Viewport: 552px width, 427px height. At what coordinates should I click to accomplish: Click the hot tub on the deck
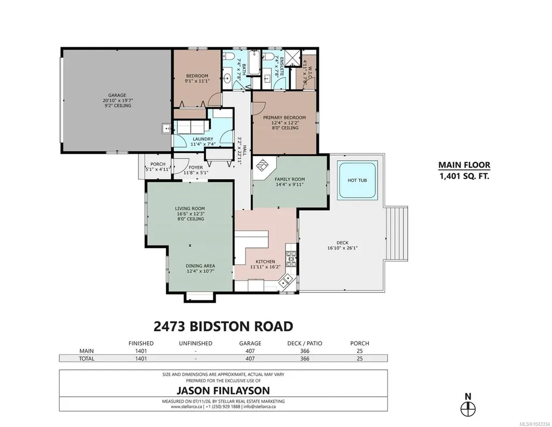click(357, 180)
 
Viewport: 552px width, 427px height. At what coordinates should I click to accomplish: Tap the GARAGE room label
click(117, 95)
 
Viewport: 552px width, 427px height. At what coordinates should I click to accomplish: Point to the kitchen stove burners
click(291, 259)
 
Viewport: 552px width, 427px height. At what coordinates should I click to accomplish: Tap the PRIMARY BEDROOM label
click(284, 117)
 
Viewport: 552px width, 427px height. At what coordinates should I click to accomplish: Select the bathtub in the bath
click(254, 64)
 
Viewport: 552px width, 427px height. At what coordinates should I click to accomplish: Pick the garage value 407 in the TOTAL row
click(250, 359)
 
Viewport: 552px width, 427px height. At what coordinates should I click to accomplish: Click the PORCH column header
click(359, 343)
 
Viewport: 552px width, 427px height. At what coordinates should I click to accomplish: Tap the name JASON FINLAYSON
click(223, 390)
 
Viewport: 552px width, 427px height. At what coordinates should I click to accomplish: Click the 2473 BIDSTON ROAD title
click(223, 326)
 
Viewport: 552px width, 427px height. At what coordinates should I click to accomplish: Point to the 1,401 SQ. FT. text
click(464, 176)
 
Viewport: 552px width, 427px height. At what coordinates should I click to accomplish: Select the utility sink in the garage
click(166, 129)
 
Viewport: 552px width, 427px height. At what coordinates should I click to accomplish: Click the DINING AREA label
click(200, 266)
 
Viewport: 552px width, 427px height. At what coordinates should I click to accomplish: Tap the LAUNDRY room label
click(203, 139)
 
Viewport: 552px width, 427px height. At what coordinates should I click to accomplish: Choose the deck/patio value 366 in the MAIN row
click(304, 351)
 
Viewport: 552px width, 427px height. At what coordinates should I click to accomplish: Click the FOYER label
click(195, 167)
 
